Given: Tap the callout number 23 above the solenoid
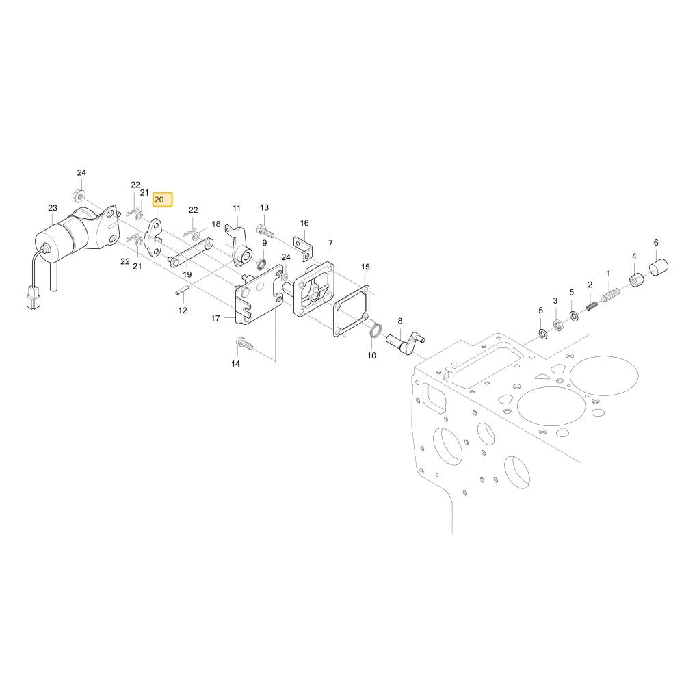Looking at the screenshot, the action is (x=53, y=208).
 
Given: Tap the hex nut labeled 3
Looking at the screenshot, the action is (x=557, y=324).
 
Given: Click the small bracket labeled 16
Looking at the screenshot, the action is (x=304, y=248).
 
